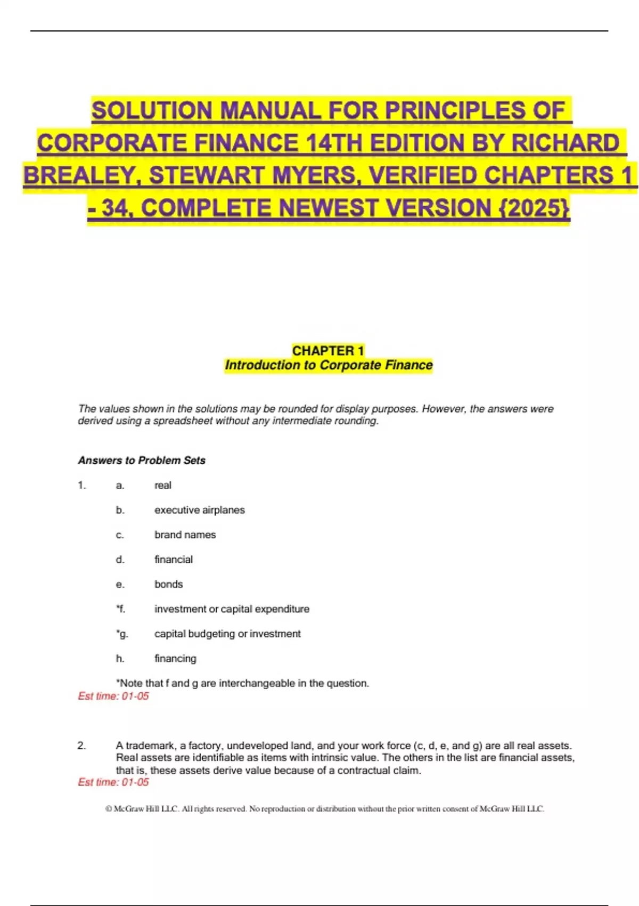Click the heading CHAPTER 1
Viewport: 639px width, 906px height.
click(328, 351)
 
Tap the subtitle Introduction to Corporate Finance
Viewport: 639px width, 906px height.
click(329, 365)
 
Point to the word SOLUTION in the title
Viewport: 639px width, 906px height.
click(152, 111)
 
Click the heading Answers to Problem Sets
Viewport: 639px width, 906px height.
click(142, 460)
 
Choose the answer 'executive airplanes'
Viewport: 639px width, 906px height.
click(199, 510)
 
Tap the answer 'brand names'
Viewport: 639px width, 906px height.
click(185, 535)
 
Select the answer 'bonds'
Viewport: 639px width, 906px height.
click(168, 584)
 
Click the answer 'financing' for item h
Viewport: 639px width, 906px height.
click(175, 658)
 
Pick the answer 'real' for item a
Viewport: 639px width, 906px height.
click(162, 485)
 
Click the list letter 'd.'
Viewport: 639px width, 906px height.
click(120, 560)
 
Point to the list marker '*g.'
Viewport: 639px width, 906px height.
click(121, 634)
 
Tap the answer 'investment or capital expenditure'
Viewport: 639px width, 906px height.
click(232, 609)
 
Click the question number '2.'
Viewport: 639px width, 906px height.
click(81, 746)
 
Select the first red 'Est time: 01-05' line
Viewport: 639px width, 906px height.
click(113, 696)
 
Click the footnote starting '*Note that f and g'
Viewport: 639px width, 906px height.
click(242, 683)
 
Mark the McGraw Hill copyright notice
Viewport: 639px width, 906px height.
click(325, 809)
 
